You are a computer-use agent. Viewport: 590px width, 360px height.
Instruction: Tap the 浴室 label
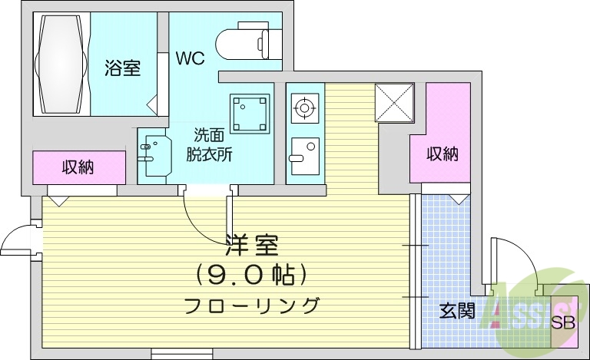point(123,68)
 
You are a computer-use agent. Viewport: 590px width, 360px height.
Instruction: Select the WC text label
point(190,58)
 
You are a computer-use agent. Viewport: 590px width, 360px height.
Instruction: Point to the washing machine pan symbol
point(250,113)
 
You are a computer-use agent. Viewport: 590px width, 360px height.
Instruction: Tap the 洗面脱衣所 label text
point(209,143)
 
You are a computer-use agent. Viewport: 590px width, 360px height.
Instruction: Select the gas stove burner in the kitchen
point(304,108)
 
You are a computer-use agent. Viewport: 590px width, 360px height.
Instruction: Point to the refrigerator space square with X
point(394,101)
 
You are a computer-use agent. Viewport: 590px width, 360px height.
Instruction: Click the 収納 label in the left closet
point(78,167)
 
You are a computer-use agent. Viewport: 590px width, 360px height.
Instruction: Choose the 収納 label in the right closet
point(442,154)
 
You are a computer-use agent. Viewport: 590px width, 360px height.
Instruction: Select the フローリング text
point(251,305)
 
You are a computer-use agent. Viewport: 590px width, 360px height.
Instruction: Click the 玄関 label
point(456,311)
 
